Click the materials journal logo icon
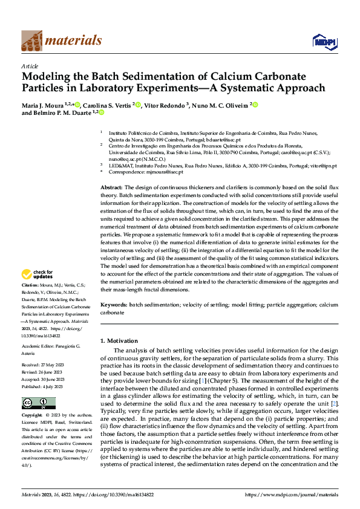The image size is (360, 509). pos(31,41)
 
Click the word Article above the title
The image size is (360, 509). pos(30,65)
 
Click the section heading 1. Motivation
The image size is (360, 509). pos(119,341)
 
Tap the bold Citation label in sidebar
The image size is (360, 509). pos(31,284)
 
